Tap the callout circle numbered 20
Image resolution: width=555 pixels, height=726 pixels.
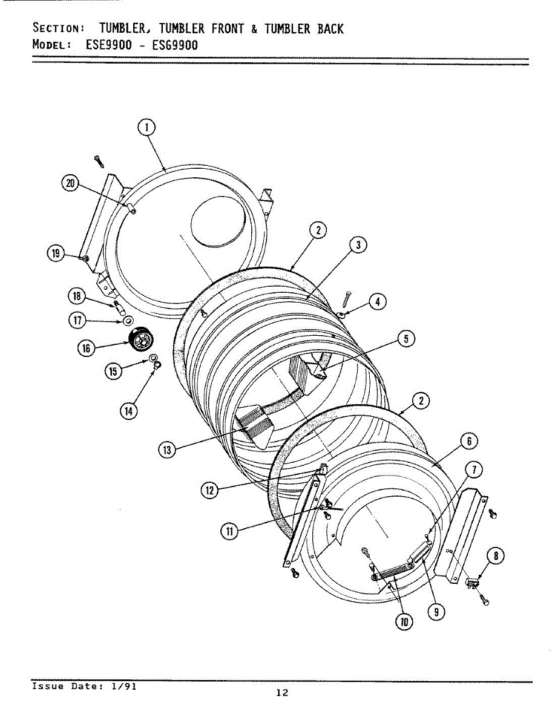click(71, 184)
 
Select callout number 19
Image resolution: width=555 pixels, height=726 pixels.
click(56, 253)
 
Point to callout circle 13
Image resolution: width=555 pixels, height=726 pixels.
click(168, 450)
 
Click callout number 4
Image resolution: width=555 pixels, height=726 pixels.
click(378, 301)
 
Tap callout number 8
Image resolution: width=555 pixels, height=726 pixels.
click(495, 555)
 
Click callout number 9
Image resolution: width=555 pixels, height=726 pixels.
click(434, 612)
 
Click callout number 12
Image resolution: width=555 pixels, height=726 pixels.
click(209, 491)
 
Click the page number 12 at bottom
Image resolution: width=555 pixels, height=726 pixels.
click(281, 693)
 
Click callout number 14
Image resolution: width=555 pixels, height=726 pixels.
click(129, 410)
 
